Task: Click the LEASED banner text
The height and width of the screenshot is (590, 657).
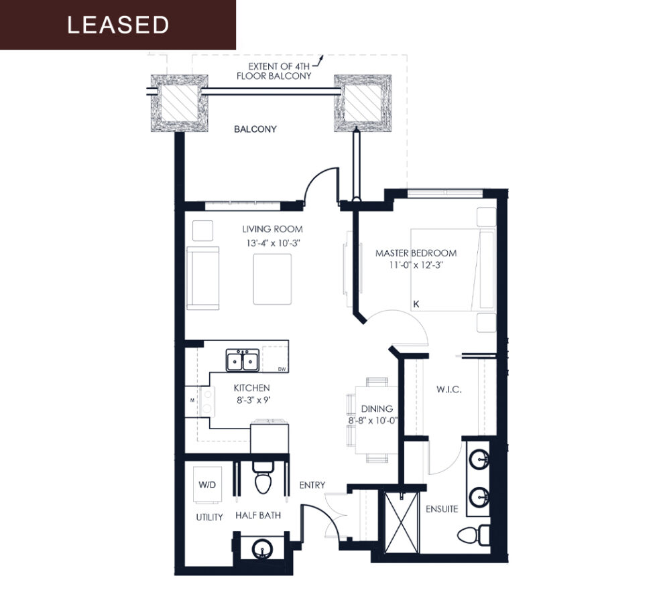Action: [118, 25]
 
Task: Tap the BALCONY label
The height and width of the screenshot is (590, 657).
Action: [255, 129]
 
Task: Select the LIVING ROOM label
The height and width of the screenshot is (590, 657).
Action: [272, 229]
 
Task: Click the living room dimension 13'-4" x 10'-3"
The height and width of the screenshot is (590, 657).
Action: [272, 242]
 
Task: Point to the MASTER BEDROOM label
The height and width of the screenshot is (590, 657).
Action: [416, 253]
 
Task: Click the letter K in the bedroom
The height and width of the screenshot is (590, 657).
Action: [416, 304]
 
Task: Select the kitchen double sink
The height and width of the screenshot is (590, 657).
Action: [243, 360]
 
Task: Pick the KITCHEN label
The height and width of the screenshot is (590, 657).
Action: [251, 388]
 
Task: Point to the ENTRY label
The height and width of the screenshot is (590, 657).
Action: [312, 485]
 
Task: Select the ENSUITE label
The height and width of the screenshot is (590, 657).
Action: [442, 509]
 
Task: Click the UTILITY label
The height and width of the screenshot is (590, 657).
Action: [209, 517]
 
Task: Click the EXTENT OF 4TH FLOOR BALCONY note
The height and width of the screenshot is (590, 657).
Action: [274, 71]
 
